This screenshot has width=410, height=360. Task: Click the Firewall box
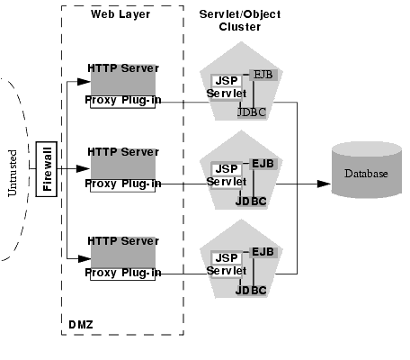coord(48,168)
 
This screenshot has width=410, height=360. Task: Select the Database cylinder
coord(363,172)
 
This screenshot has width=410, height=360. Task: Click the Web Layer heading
coord(120,13)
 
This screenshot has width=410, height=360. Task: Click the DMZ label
coord(80,323)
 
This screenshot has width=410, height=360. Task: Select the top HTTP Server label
coord(123,68)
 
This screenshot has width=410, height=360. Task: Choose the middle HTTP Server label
coord(123,152)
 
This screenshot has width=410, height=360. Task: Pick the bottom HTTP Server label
coord(123,241)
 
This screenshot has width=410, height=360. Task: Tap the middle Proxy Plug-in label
coord(123,184)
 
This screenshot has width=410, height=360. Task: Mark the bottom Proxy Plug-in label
coord(123,272)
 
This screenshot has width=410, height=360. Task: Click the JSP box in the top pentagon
coord(226,81)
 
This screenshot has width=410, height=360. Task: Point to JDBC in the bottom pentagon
coord(251,291)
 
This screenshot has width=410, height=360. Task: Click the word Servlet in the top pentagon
coord(226,94)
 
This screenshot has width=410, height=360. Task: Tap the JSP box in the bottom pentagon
coord(225,256)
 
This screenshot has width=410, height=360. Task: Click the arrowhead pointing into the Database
coord(322,184)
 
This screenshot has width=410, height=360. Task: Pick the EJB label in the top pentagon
coord(263,74)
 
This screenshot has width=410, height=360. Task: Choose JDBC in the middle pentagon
coord(251,201)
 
